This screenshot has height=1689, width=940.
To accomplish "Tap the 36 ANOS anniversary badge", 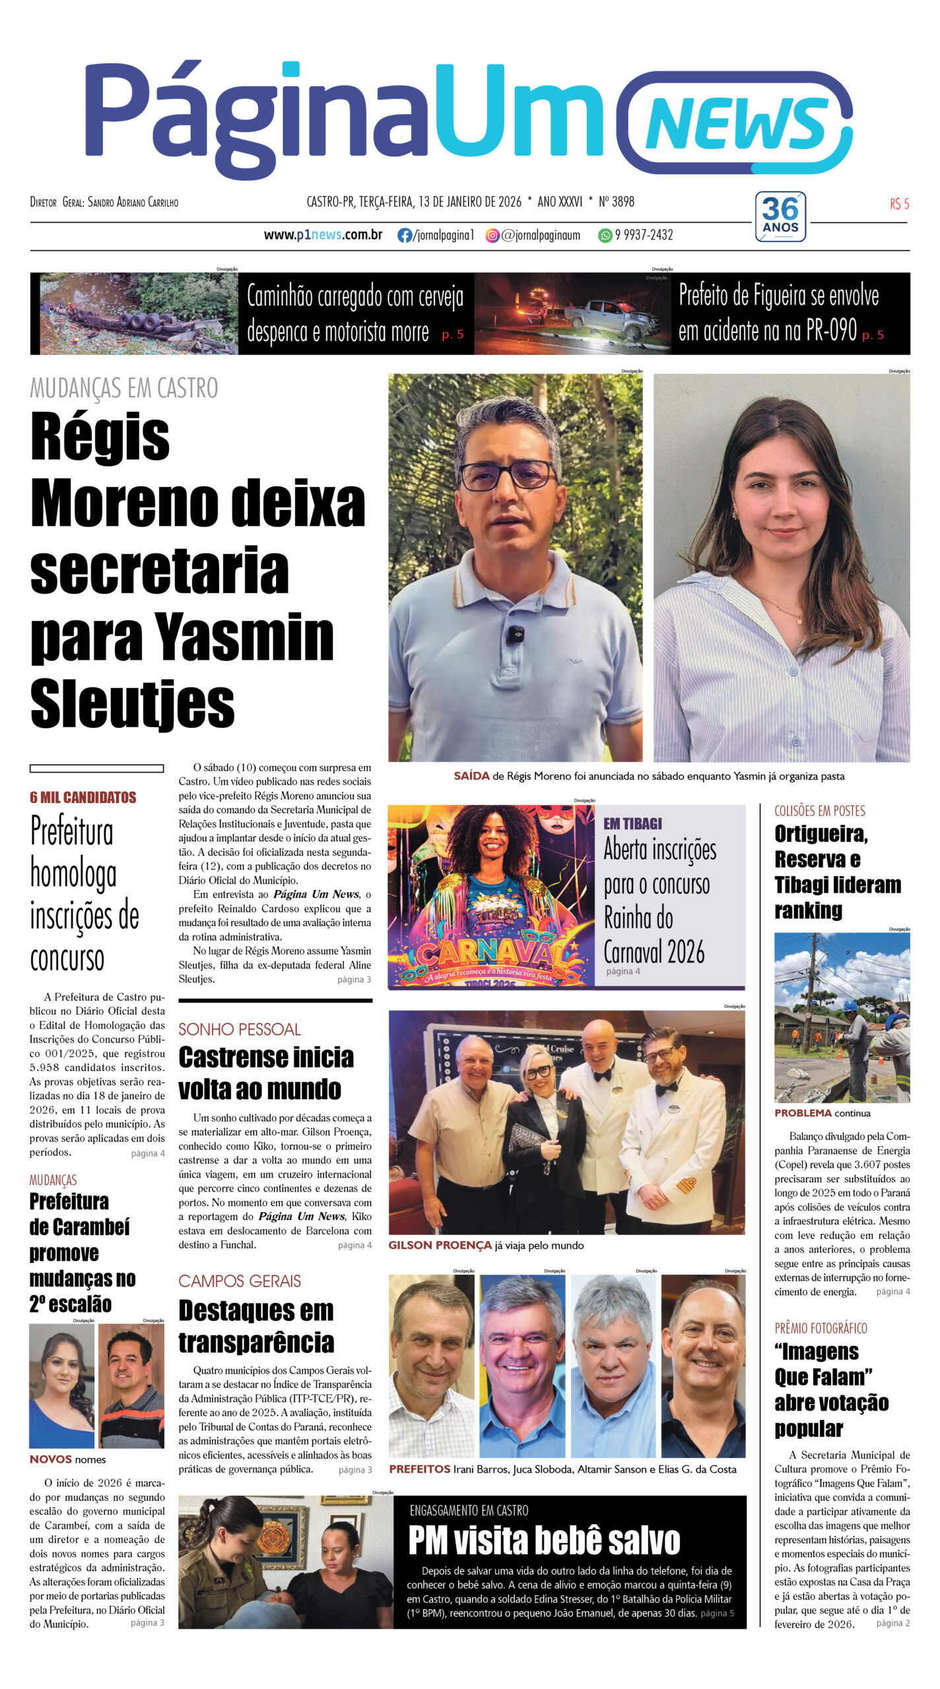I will tap(780, 216).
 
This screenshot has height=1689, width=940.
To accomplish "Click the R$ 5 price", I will tap(899, 204).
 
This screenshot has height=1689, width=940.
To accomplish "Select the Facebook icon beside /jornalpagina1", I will tap(404, 236).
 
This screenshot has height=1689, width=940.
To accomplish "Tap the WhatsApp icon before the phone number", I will tap(605, 236).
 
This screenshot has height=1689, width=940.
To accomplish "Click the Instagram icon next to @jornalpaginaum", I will tap(492, 236).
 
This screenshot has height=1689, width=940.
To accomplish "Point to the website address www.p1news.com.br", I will tap(323, 235).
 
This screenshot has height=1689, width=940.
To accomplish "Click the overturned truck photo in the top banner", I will tap(135, 314).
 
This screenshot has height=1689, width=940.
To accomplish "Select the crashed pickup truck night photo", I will tap(573, 314).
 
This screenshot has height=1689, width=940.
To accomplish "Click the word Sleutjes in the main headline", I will tap(133, 704).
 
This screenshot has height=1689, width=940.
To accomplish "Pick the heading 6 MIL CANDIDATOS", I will tap(83, 797).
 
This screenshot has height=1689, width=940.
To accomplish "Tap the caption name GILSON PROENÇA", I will tap(440, 1246).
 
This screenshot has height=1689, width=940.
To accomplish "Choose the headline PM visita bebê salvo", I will tap(544, 1541).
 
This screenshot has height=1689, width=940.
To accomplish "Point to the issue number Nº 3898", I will tap(617, 202).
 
